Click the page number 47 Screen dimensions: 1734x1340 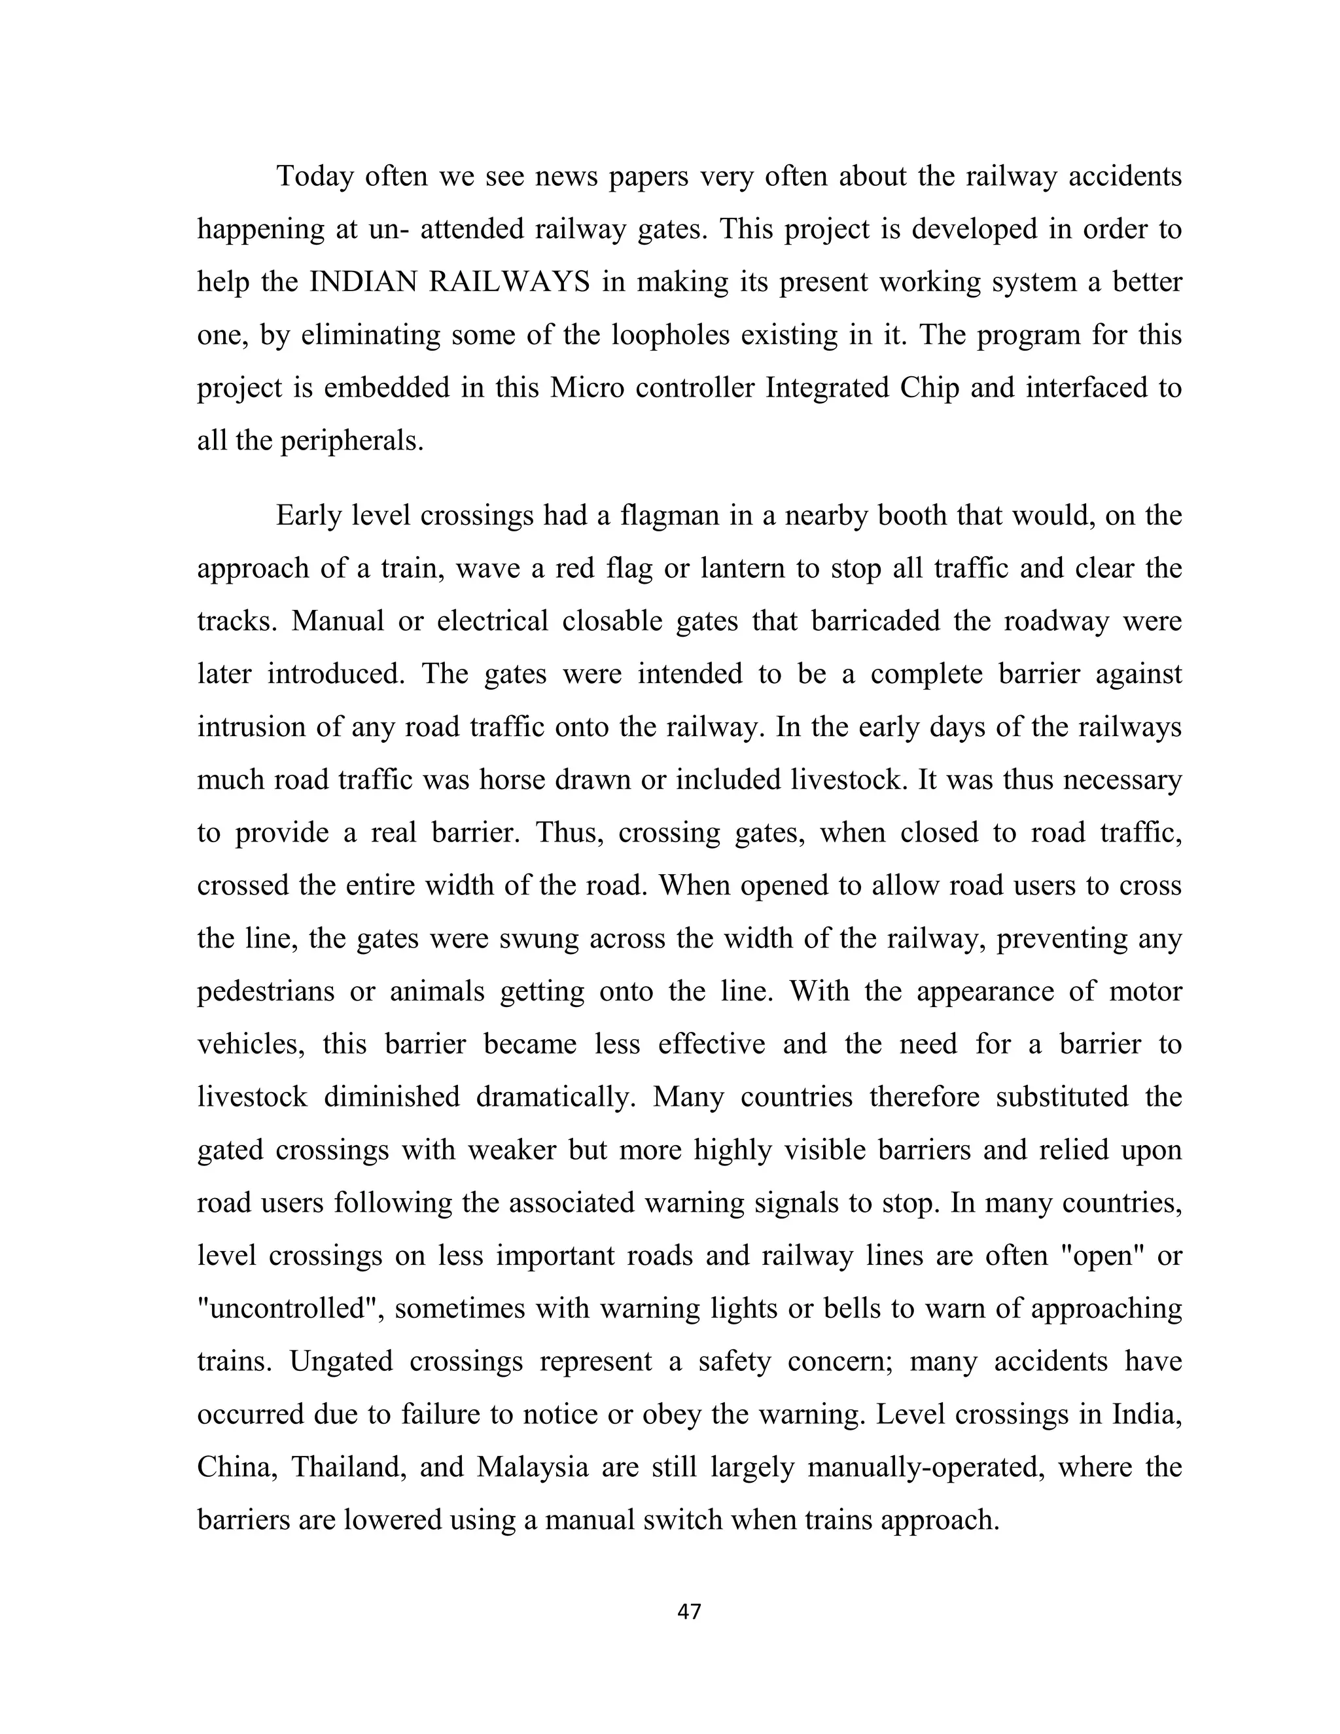point(689,1611)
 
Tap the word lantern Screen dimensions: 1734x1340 point(749,569)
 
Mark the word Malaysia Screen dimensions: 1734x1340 point(532,1466)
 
